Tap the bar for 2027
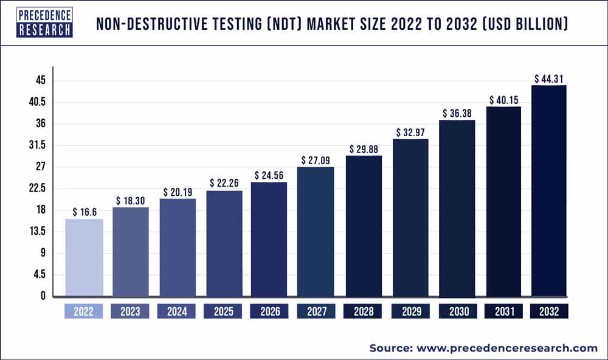pos(316,232)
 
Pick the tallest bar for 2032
pos(549,191)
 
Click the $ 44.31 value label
pos(549,78)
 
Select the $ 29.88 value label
pos(363,149)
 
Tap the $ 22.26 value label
pos(223,184)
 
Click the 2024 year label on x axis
pos(176,312)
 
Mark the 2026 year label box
pos(269,312)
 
